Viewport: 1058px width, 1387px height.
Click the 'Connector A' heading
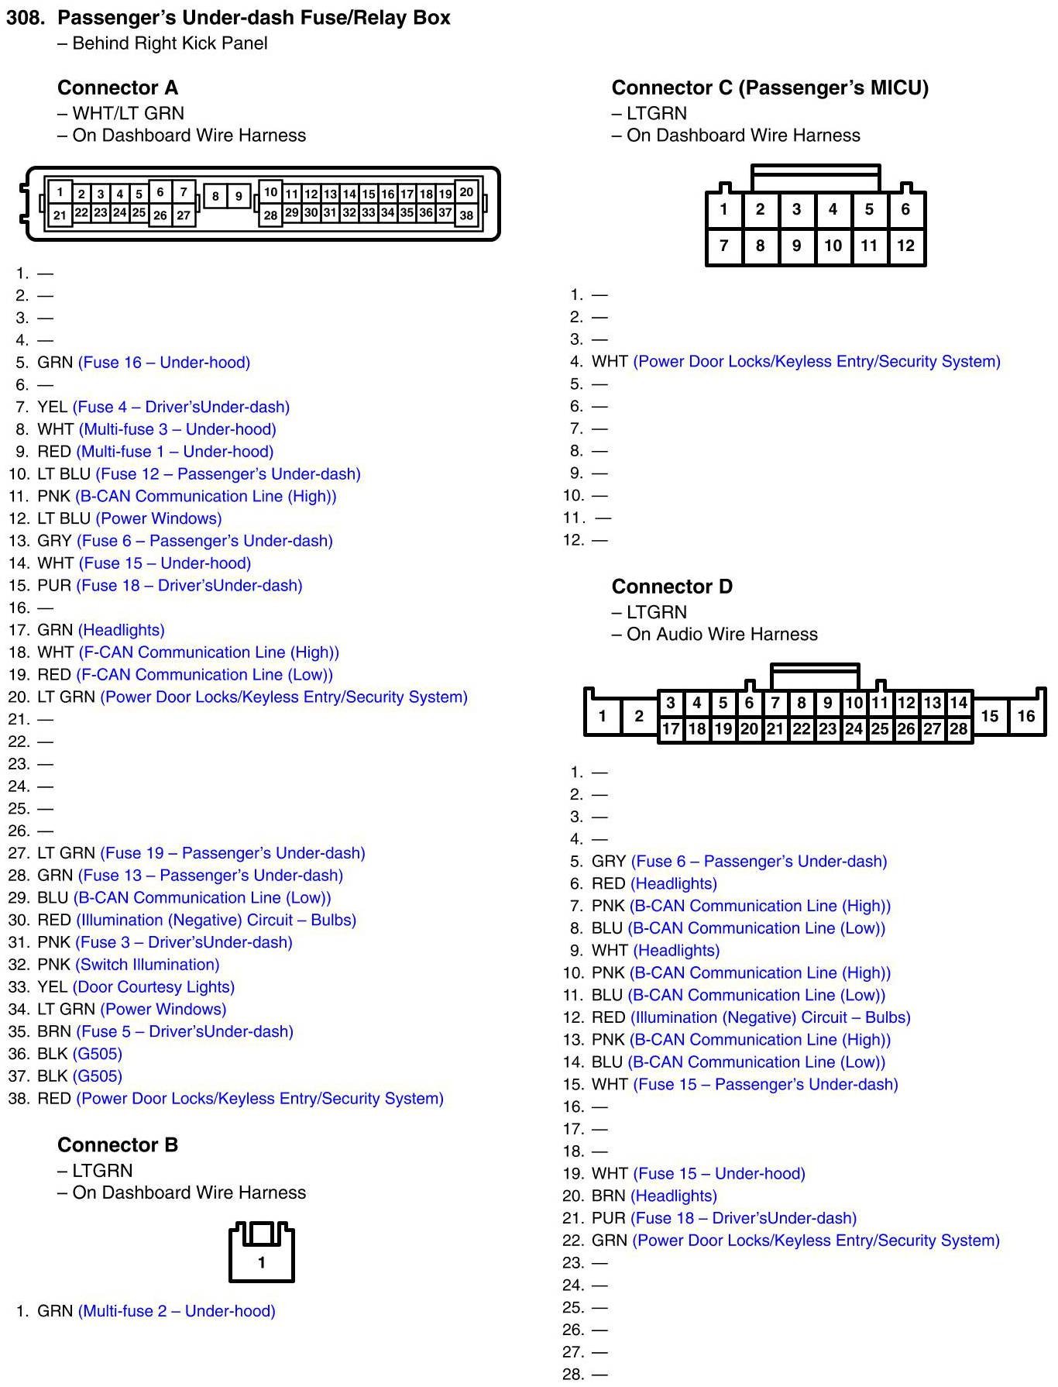click(x=118, y=88)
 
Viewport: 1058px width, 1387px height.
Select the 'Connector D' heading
click(x=672, y=587)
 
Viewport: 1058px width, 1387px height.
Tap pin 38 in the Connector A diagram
click(x=466, y=215)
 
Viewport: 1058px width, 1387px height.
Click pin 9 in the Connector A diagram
click(x=239, y=197)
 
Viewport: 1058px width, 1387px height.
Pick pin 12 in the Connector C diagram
click(x=905, y=246)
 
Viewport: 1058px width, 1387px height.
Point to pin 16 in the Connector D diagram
click(x=1025, y=716)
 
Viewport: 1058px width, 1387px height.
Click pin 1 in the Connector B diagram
click(x=262, y=1263)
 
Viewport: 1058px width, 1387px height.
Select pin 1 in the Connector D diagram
click(x=603, y=716)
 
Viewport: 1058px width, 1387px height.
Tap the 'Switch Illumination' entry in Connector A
click(x=147, y=965)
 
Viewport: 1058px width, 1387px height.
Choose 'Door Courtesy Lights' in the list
click(x=153, y=987)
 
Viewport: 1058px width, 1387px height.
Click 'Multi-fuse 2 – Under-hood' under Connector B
click(x=177, y=1311)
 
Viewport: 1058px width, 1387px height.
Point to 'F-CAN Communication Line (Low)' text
click(x=205, y=675)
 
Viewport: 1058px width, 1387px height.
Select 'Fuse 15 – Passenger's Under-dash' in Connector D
click(x=765, y=1085)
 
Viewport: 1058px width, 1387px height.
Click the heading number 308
click(x=26, y=18)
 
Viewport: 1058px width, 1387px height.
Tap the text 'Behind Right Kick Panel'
click(x=170, y=43)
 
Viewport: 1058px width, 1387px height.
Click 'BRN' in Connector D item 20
click(x=608, y=1196)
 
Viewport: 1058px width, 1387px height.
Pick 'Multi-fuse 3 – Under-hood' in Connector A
click(x=177, y=429)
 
